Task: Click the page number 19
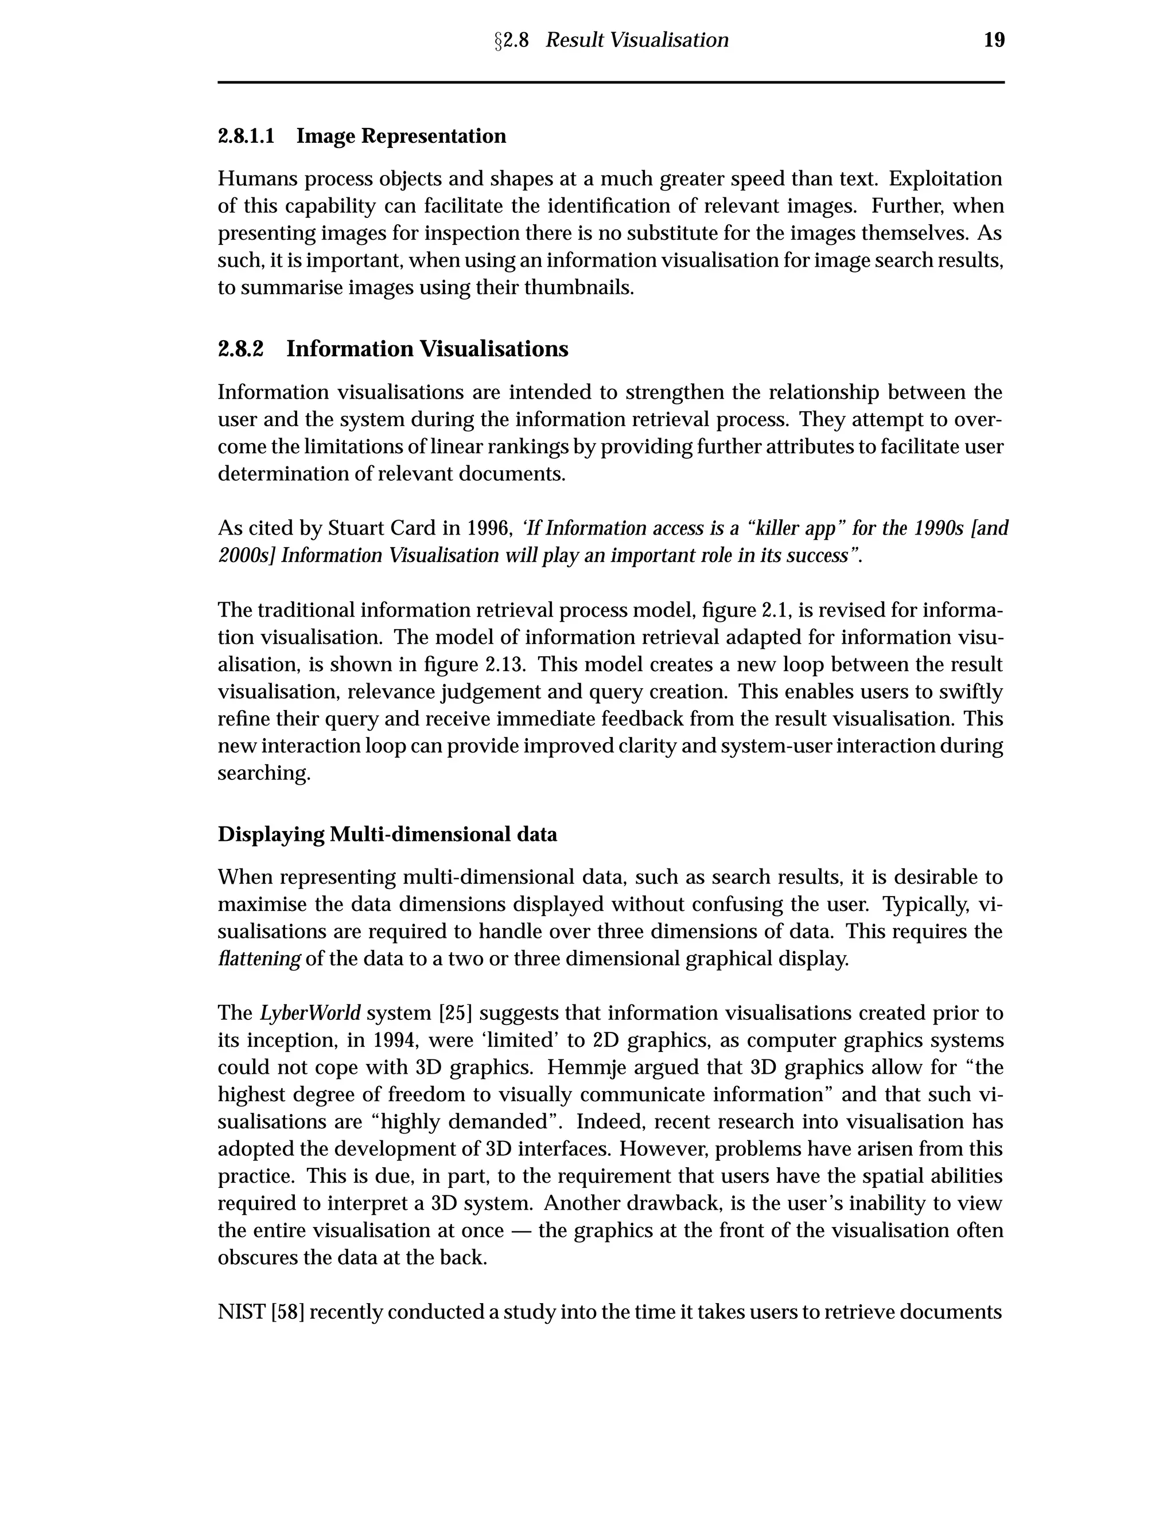pos(994,40)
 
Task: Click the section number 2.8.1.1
pos(246,136)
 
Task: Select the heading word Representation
pos(434,136)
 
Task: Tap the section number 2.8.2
pos(241,349)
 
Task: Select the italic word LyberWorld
pos(310,1012)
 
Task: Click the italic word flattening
pos(259,959)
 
